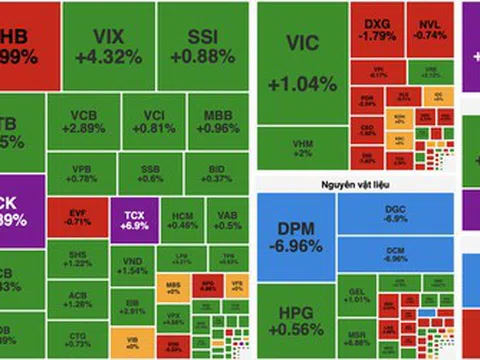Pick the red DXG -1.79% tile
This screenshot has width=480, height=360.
coord(379,31)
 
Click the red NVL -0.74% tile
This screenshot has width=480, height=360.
coord(429,31)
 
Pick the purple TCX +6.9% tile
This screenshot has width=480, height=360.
coord(135,217)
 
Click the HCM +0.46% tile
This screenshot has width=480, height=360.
coord(182,217)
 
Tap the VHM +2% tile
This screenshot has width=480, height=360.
coord(302,150)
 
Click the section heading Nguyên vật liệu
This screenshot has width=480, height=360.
coord(350,182)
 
